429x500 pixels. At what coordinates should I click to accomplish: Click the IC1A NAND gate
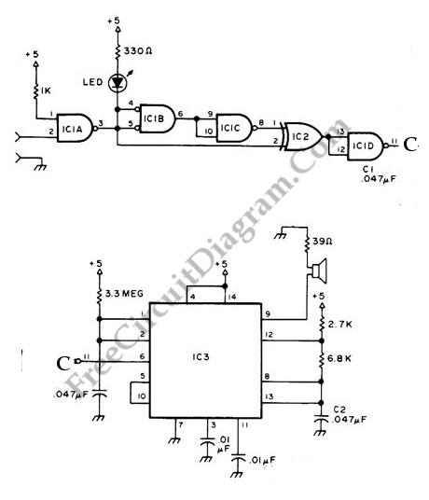[76, 128]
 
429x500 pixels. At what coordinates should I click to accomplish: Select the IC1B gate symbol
[156, 118]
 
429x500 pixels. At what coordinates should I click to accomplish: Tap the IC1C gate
[235, 128]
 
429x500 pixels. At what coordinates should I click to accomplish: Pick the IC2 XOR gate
[303, 136]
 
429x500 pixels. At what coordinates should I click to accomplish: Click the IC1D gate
[367, 146]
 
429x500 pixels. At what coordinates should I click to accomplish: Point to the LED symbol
[118, 83]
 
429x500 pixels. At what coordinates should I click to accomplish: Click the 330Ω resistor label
[138, 50]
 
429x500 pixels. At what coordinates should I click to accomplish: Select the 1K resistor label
[46, 90]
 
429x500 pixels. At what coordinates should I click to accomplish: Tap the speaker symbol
[320, 271]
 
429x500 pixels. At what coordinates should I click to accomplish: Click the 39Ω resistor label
[323, 241]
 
